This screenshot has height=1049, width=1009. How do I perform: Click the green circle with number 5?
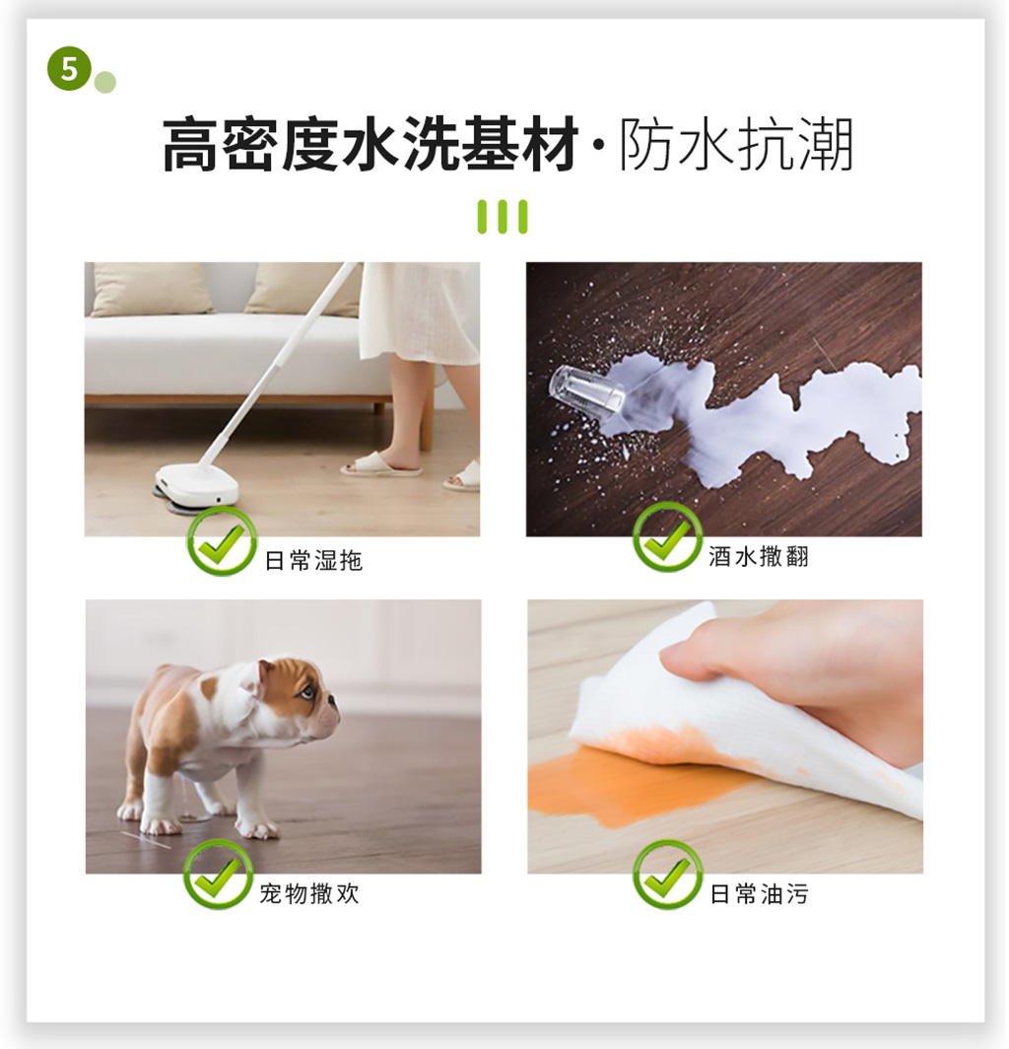pyautogui.click(x=69, y=68)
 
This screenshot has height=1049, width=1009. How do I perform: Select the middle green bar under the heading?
pyautogui.click(x=503, y=216)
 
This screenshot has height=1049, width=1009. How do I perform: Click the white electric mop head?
pyautogui.click(x=197, y=484)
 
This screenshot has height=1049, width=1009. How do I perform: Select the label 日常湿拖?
pyautogui.click(x=313, y=560)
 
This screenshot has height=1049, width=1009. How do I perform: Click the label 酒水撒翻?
pyautogui.click(x=759, y=556)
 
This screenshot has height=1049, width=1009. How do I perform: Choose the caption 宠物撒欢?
pyautogui.click(x=309, y=893)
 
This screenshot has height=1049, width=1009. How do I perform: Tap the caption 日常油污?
pyautogui.click(x=759, y=894)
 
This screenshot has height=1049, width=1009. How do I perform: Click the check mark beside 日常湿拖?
pyautogui.click(x=222, y=541)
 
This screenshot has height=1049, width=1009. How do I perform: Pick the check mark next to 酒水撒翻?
pyautogui.click(x=667, y=537)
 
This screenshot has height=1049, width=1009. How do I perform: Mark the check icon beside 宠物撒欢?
pyautogui.click(x=218, y=874)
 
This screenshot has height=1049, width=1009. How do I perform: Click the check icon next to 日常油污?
pyautogui.click(x=667, y=874)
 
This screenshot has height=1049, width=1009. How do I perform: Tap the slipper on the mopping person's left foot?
pyautogui.click(x=381, y=463)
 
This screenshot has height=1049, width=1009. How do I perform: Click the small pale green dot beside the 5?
pyautogui.click(x=105, y=82)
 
